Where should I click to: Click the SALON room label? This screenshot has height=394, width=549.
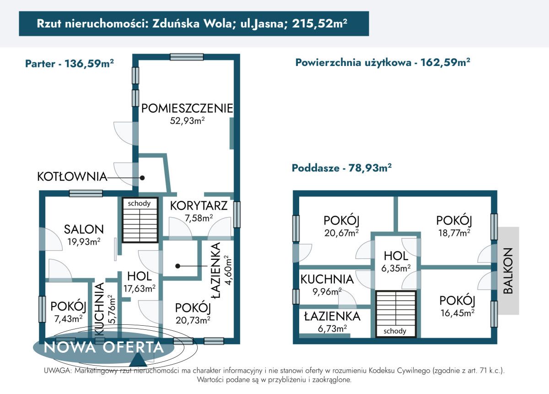point(83,229)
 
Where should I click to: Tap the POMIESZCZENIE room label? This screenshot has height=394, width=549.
point(187,109)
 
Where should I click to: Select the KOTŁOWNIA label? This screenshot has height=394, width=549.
point(72,177)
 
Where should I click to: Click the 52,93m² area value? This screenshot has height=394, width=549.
point(187,120)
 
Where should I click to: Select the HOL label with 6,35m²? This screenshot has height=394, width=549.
point(396,256)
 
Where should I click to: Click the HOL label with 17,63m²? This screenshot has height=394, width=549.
point(139,276)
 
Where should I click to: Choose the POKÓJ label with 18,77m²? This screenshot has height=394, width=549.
point(453,220)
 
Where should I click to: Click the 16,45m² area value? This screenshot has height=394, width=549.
point(456,312)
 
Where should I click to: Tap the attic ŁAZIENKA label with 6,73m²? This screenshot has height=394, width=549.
point(331,316)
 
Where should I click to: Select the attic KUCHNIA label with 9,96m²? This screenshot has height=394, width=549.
point(327,279)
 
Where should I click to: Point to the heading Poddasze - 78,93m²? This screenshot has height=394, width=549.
point(341,168)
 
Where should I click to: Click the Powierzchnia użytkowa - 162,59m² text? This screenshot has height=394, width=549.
point(383,63)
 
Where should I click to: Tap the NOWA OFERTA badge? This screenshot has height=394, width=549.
point(103,347)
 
